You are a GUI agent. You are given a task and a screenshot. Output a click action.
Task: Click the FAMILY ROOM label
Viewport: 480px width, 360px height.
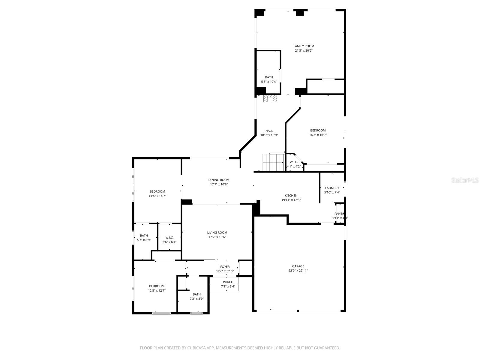coord(304,46)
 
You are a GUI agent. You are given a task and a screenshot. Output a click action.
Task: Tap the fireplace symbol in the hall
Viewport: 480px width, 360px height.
coord(271,99)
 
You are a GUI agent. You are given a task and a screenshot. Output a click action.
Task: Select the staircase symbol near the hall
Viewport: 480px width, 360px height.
coord(273,162)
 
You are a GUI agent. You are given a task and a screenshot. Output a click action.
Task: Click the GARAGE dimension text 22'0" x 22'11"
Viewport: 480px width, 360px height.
coord(298,271)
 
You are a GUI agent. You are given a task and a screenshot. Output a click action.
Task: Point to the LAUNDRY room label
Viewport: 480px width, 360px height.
coord(332,188)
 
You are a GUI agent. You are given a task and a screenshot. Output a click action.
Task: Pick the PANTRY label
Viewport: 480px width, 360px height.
coord(339,214)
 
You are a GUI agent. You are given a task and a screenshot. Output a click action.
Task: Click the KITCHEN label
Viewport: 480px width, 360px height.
coord(291,196)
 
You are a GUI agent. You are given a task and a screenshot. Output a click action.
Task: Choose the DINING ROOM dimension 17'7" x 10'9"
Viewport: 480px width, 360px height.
coord(219,184)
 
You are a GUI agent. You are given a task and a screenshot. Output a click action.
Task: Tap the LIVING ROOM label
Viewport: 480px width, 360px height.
coord(217,232)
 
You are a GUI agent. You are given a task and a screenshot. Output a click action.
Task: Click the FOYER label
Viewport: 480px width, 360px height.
coord(225,267)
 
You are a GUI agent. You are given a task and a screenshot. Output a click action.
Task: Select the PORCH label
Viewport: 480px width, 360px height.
coord(228,282)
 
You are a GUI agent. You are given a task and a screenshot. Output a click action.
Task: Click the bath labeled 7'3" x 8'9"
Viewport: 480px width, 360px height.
coord(196,296)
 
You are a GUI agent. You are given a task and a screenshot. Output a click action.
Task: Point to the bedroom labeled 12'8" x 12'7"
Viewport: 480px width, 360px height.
coord(157,288)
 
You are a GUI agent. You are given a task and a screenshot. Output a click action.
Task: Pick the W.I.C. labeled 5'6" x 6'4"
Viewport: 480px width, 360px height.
coord(169,240)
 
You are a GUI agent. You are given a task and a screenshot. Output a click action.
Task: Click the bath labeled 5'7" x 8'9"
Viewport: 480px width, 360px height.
coord(144,238)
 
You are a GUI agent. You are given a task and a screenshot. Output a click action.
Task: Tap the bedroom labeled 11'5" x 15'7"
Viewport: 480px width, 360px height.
coord(157,193)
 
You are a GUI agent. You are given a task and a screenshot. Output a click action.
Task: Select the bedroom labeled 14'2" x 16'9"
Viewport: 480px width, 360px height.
coord(318,133)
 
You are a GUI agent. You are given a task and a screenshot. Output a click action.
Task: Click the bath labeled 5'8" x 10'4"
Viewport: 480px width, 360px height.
coord(269,79)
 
